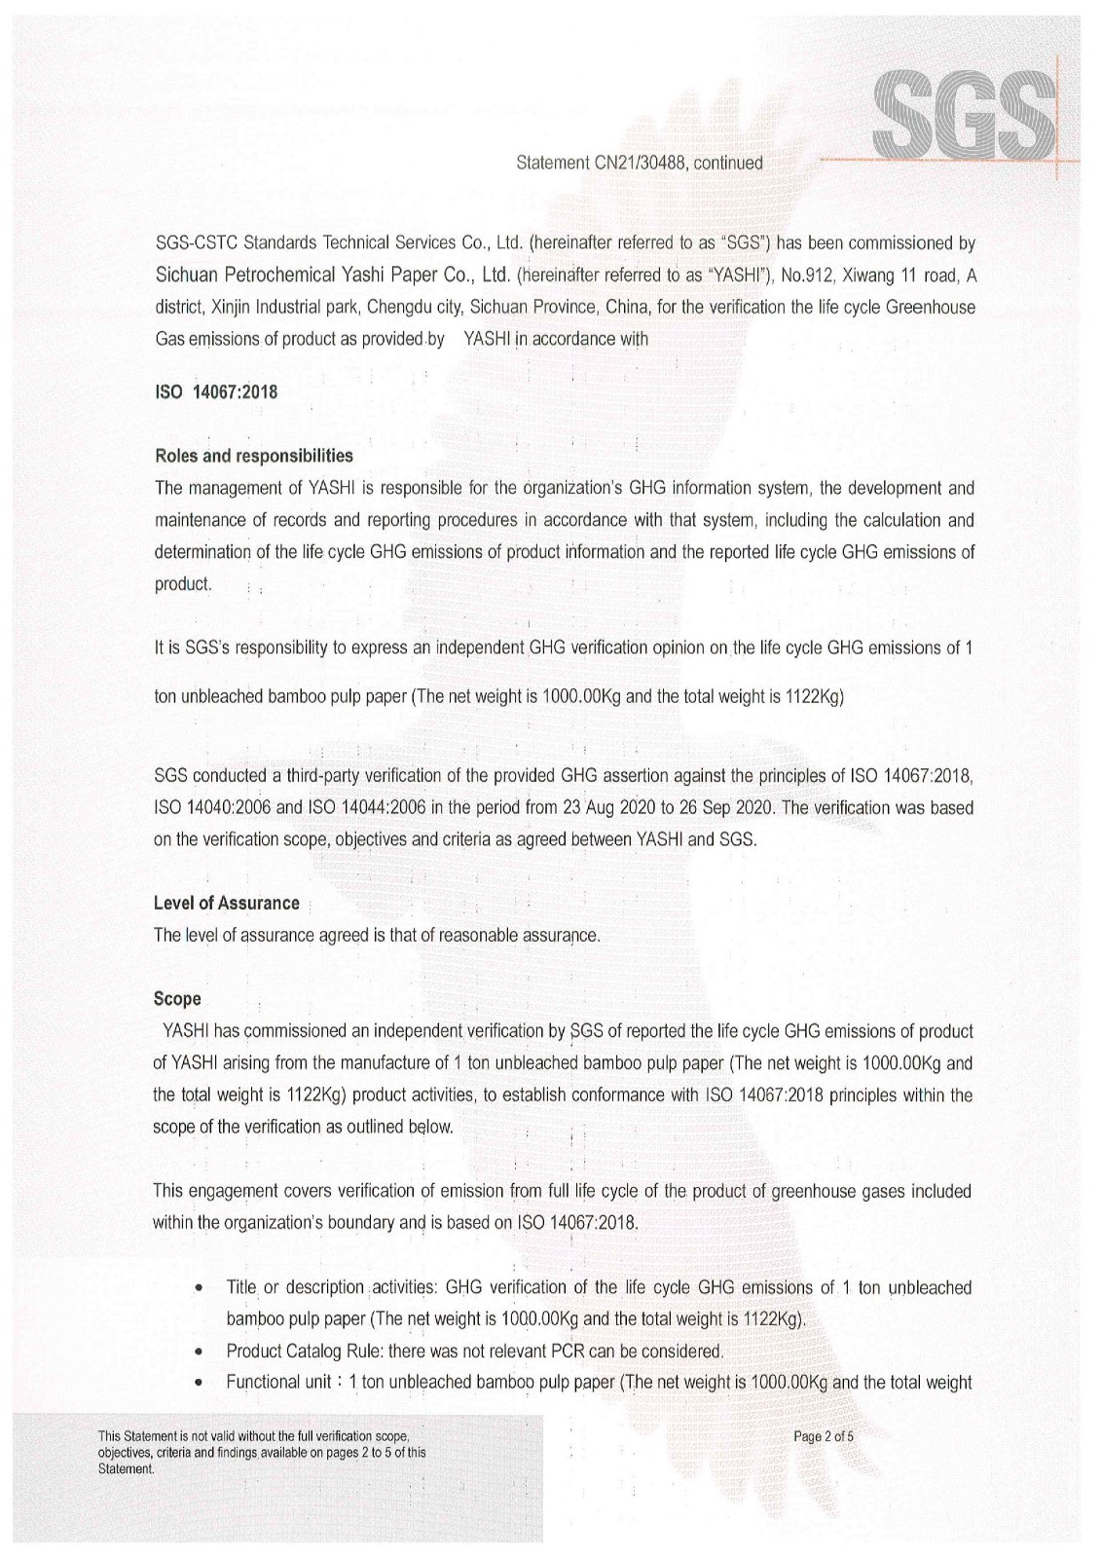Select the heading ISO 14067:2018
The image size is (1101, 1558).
point(216,392)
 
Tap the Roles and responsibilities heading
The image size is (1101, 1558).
point(253,455)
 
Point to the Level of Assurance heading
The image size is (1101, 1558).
point(226,903)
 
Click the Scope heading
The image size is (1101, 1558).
point(177,998)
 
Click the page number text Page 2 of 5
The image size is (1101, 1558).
point(825,1436)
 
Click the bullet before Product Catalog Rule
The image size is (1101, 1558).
point(199,1352)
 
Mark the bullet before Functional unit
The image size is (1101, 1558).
point(199,1383)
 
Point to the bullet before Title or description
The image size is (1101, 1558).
point(199,1288)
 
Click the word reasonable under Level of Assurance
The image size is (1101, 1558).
point(484,936)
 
